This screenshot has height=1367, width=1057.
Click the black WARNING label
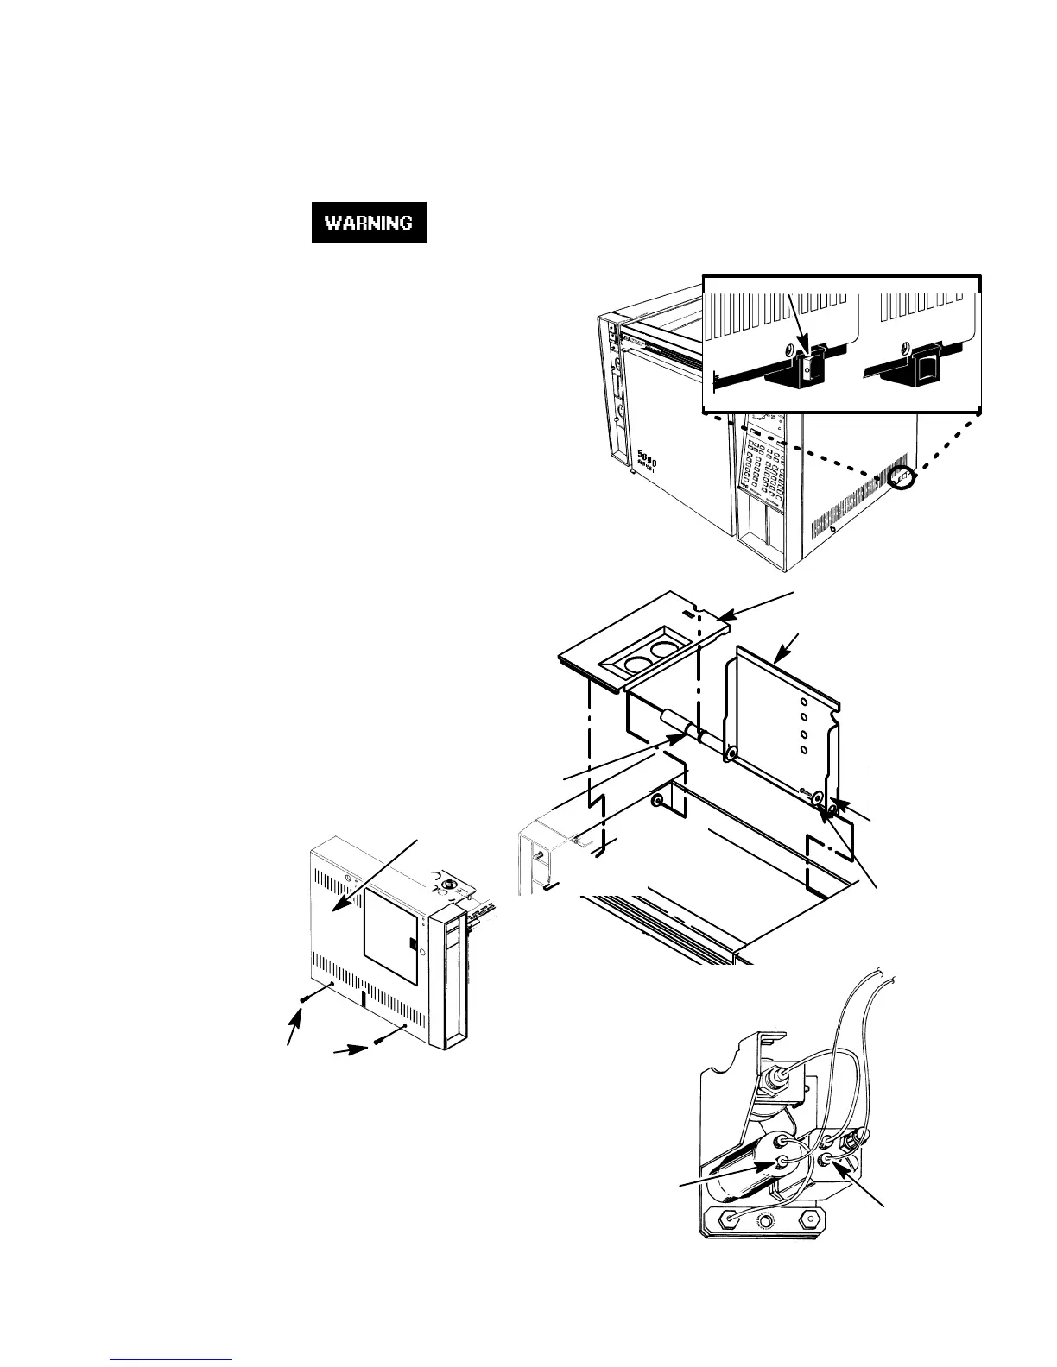tap(369, 223)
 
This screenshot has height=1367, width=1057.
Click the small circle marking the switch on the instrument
tap(902, 477)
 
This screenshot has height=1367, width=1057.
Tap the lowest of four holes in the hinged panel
tap(804, 748)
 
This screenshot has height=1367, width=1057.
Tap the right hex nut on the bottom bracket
tap(807, 1219)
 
